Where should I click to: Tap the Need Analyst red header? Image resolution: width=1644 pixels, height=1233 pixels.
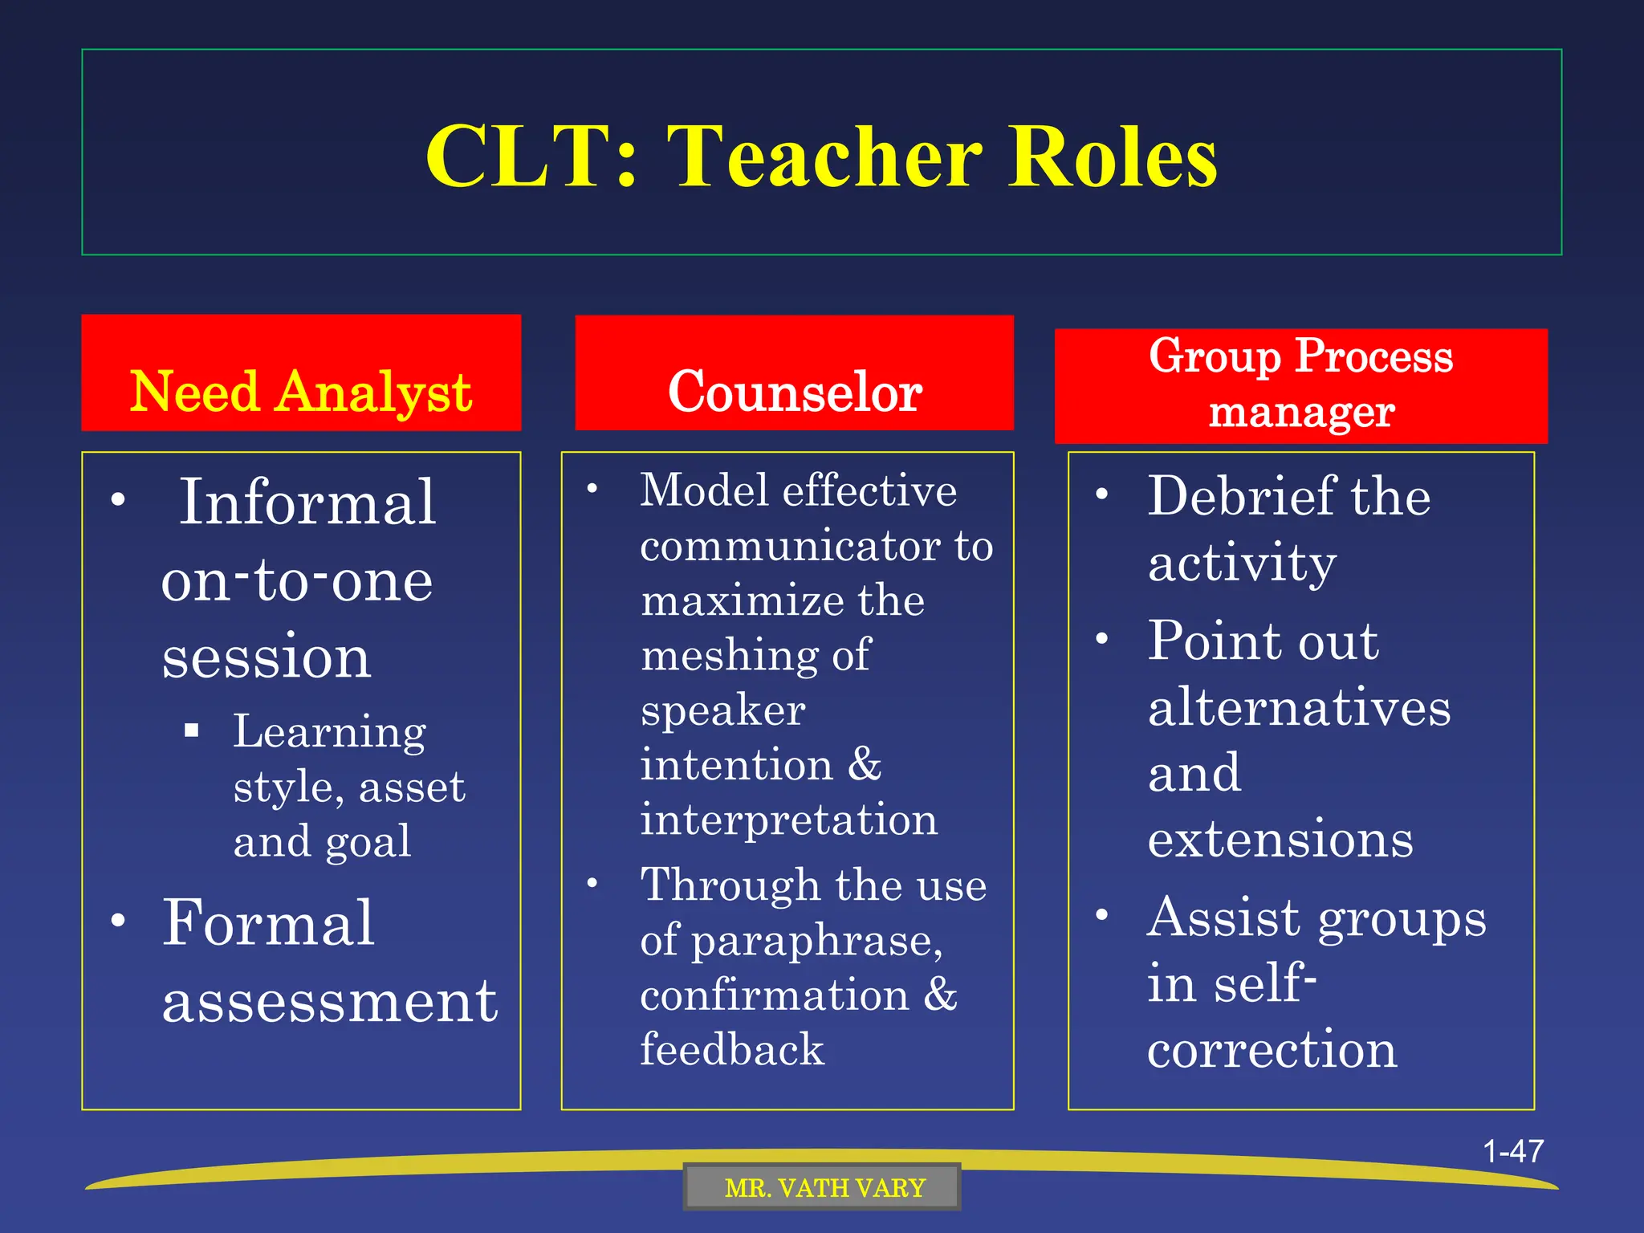click(301, 391)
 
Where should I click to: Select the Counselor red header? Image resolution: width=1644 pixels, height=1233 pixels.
click(795, 391)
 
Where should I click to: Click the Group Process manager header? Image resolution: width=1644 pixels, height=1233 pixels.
click(1300, 385)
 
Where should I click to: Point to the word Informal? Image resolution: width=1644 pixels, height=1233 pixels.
click(307, 503)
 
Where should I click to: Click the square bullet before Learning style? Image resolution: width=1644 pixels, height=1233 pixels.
click(191, 730)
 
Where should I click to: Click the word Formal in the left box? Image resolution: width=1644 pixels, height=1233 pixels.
click(268, 923)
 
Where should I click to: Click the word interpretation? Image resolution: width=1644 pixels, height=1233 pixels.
click(789, 820)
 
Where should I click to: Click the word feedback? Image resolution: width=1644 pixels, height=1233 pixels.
click(732, 1050)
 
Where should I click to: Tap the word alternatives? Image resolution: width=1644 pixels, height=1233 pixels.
click(1299, 708)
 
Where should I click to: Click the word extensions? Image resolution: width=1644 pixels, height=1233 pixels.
click(1280, 840)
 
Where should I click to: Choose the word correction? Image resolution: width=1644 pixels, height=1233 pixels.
click(1272, 1049)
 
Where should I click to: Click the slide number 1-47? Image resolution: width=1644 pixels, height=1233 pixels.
click(1512, 1151)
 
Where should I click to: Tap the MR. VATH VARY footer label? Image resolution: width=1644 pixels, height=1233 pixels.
click(824, 1188)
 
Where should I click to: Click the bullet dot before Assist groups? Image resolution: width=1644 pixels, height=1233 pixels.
click(1103, 914)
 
